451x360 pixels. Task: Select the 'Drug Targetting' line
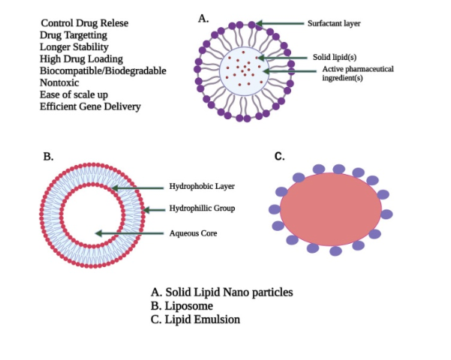click(74, 35)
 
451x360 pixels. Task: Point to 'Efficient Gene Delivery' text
click(89, 106)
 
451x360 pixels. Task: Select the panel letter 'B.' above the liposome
click(48, 157)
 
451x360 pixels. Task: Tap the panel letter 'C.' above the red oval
click(279, 157)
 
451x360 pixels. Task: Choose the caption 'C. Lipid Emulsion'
click(194, 319)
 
